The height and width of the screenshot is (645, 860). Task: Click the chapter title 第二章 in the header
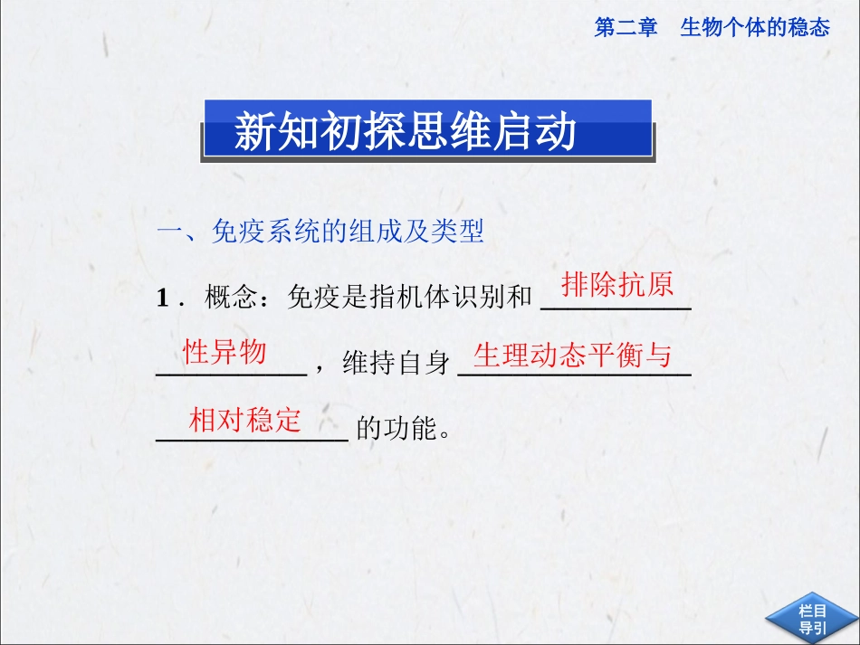(x=626, y=28)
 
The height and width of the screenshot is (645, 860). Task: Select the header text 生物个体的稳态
(x=754, y=28)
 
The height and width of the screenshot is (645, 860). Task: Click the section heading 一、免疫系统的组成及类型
(x=320, y=232)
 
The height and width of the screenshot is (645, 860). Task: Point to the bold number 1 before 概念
(x=163, y=298)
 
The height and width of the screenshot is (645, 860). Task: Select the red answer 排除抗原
(x=617, y=285)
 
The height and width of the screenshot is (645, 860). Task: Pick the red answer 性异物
(x=225, y=351)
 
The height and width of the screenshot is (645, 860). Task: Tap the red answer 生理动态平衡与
(x=573, y=356)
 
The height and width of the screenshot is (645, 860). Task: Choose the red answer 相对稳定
(x=244, y=420)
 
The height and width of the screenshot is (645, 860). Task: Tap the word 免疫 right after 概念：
(x=307, y=298)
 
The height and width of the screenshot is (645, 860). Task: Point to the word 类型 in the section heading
(x=460, y=232)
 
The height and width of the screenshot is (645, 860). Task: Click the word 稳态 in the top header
(x=809, y=28)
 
